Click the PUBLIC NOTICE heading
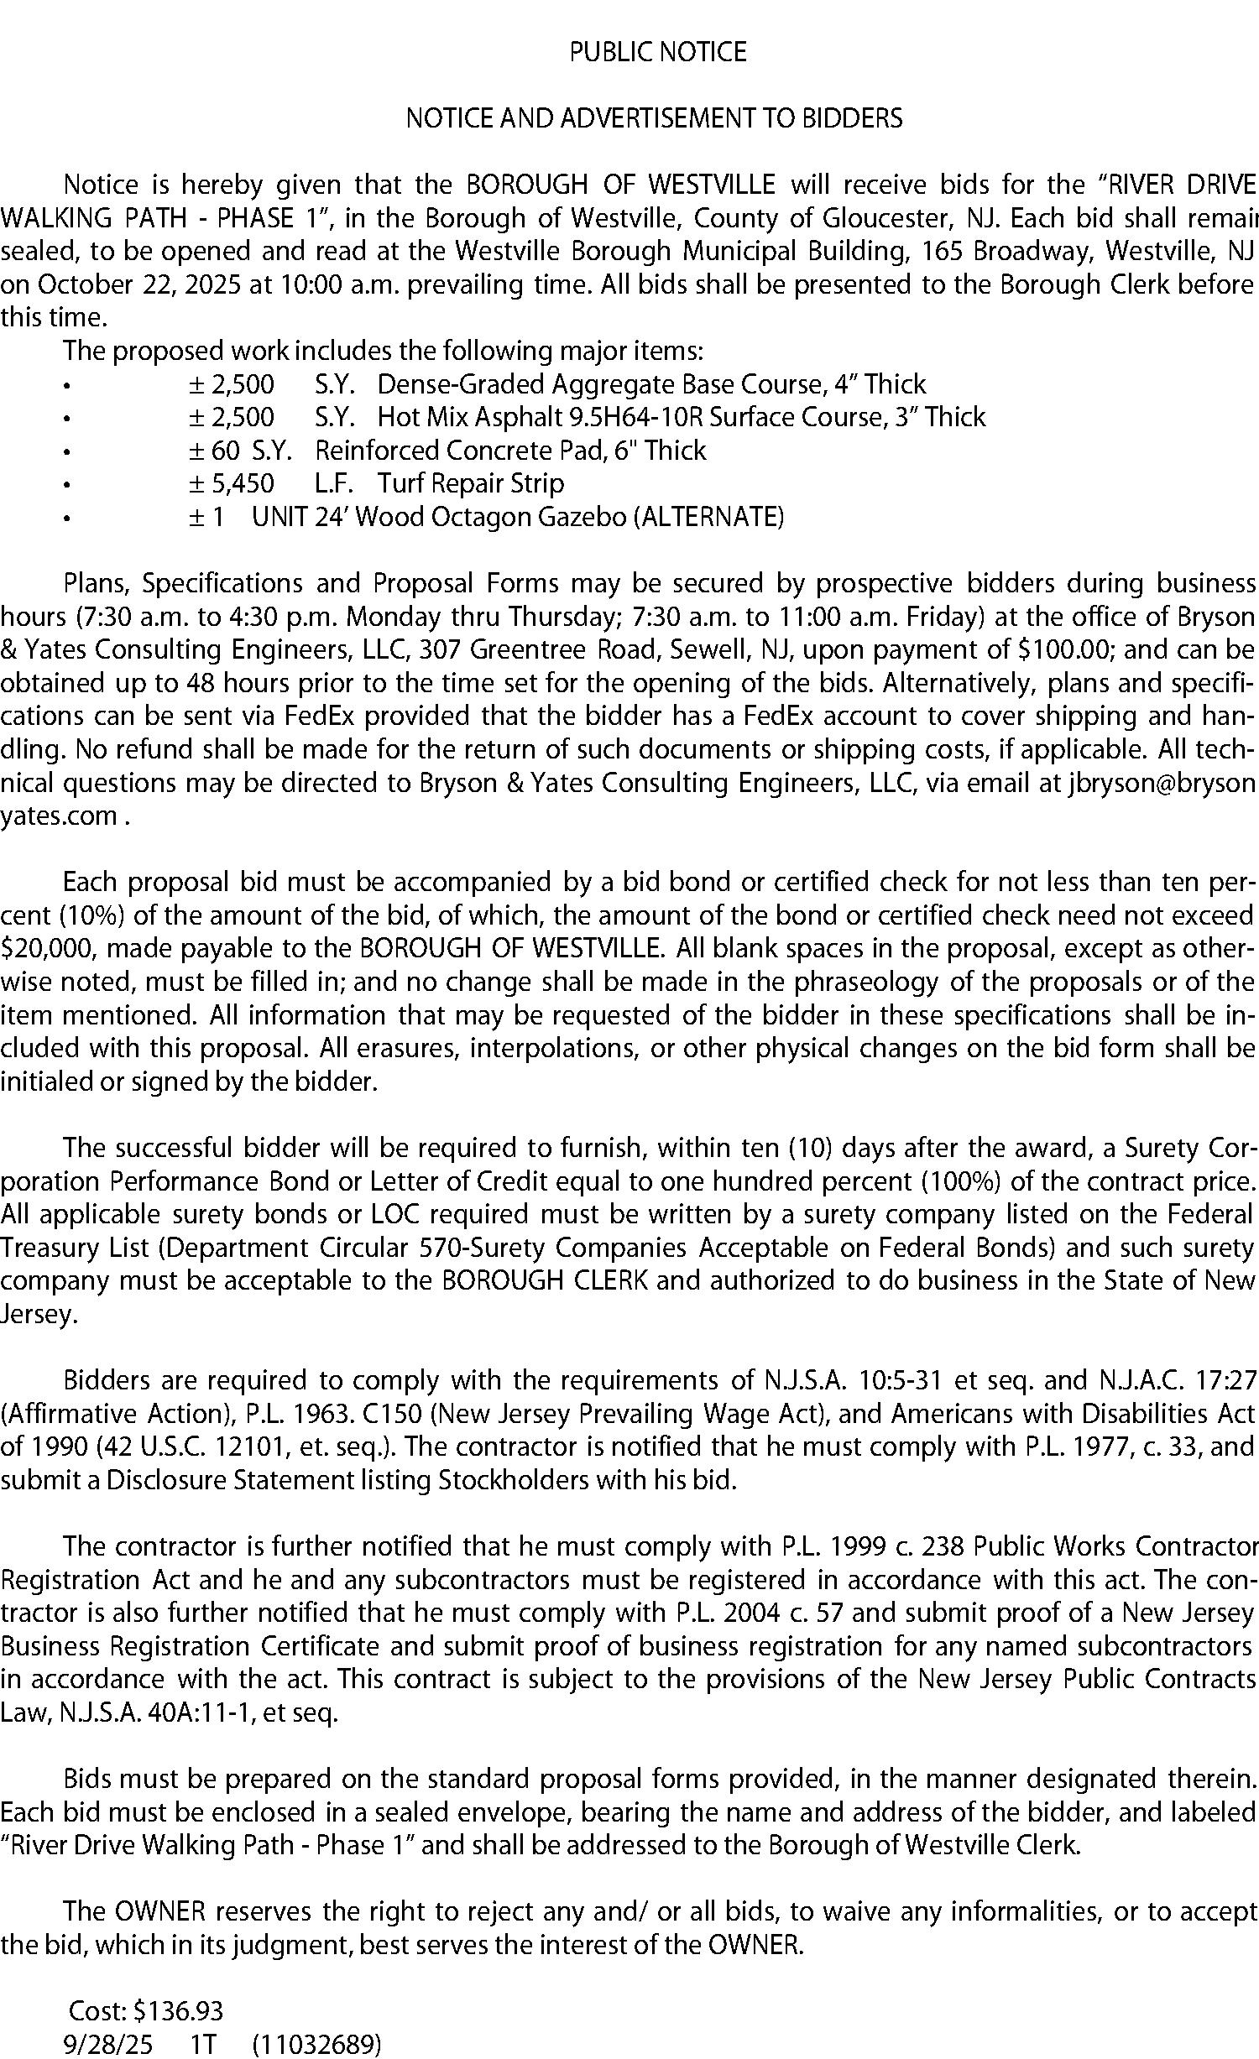click(x=657, y=52)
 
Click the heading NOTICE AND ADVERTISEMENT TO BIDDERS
click(x=654, y=118)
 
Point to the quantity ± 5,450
click(x=232, y=483)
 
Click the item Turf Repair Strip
click(x=470, y=483)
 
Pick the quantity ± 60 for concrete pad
click(x=214, y=451)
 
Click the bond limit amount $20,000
click(x=48, y=949)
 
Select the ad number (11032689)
click(x=316, y=2044)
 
